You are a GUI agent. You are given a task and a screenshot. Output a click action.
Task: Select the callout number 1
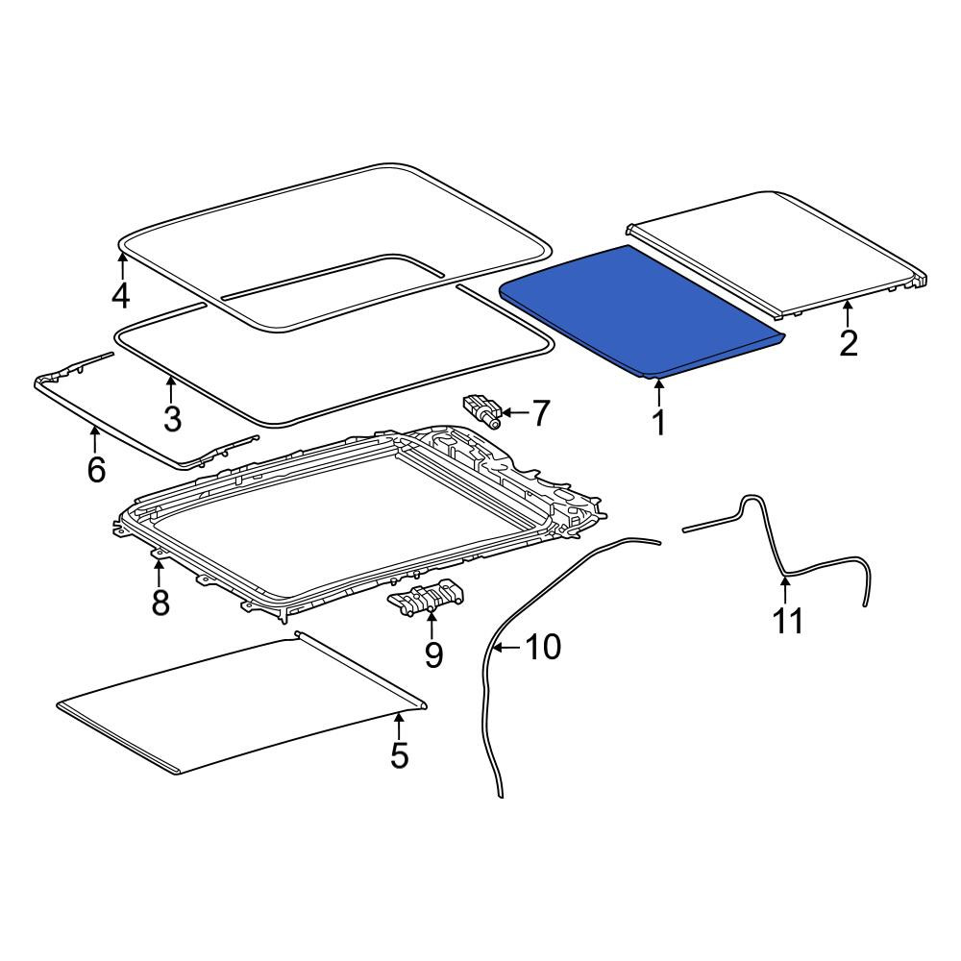[x=659, y=422]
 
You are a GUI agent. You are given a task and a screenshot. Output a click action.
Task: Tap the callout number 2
[x=849, y=343]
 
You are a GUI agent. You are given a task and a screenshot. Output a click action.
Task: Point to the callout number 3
[x=172, y=418]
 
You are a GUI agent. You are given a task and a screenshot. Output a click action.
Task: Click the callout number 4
[x=121, y=295]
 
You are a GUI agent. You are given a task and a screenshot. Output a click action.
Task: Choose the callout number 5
[x=399, y=754]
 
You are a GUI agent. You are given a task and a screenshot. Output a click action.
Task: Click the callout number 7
[x=540, y=413]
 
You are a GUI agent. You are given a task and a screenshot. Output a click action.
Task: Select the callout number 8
[x=160, y=603]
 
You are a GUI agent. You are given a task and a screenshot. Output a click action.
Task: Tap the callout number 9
[x=433, y=655]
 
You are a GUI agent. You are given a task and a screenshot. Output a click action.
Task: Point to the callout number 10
[x=543, y=647]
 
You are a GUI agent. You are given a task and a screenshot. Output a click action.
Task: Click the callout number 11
[x=788, y=622]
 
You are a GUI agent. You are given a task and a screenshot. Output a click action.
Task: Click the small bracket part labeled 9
[x=428, y=597]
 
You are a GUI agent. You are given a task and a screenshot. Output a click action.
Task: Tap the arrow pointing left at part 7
[x=513, y=412]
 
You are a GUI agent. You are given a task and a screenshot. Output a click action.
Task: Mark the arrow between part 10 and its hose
[x=507, y=647]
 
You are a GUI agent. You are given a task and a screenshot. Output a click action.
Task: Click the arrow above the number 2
[x=848, y=314]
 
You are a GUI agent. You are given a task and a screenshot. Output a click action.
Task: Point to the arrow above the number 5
[x=399, y=726]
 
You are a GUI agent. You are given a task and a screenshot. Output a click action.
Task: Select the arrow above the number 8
[x=160, y=572]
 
